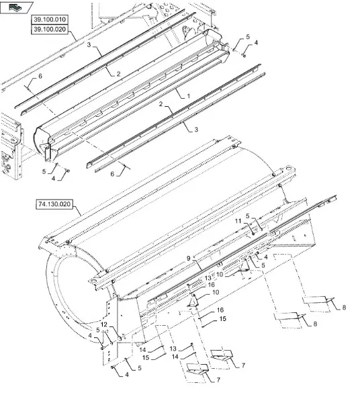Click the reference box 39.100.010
click(50, 19)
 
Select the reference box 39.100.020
click(50, 30)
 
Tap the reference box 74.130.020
click(54, 204)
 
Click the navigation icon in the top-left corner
click(16, 7)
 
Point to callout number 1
click(188, 96)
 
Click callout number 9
click(189, 259)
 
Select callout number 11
click(238, 221)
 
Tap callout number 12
click(104, 324)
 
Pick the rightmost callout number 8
click(344, 307)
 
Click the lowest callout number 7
click(218, 380)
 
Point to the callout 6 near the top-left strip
click(40, 76)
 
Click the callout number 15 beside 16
click(223, 318)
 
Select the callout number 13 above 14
click(173, 349)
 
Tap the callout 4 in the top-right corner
click(256, 42)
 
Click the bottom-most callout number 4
click(127, 375)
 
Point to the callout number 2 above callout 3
click(161, 104)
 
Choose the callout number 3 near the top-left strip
click(89, 44)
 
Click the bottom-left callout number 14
click(142, 349)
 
